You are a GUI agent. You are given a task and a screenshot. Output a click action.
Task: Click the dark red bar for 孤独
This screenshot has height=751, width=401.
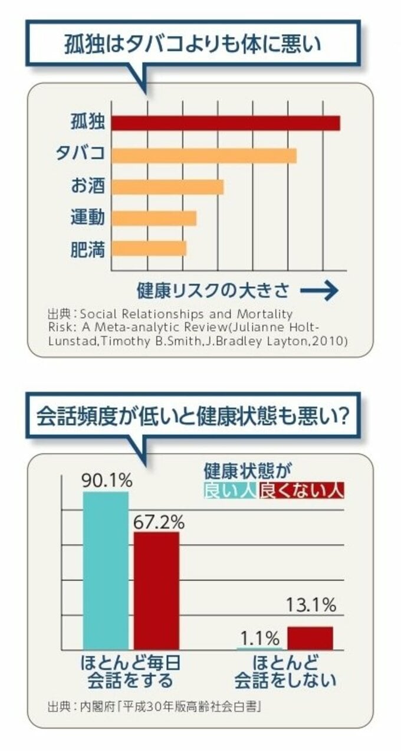(226, 123)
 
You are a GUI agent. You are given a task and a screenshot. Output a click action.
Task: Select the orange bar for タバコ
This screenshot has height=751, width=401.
(204, 155)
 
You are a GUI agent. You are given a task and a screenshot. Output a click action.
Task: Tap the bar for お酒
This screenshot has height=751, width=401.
(167, 187)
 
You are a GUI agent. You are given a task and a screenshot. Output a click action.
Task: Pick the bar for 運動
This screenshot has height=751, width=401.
(154, 218)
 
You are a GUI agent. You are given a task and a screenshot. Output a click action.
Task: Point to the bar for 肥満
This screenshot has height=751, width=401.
(149, 248)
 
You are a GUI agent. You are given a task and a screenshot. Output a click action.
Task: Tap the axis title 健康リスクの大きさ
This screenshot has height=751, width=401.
(213, 290)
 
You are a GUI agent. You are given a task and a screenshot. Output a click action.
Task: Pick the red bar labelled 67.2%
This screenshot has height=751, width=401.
(156, 591)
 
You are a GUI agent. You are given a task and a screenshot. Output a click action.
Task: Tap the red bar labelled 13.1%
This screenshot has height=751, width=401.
(310, 638)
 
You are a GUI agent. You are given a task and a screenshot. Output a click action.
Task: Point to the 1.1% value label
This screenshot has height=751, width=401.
(259, 638)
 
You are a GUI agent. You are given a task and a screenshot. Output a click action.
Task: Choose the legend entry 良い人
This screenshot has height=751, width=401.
(229, 491)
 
